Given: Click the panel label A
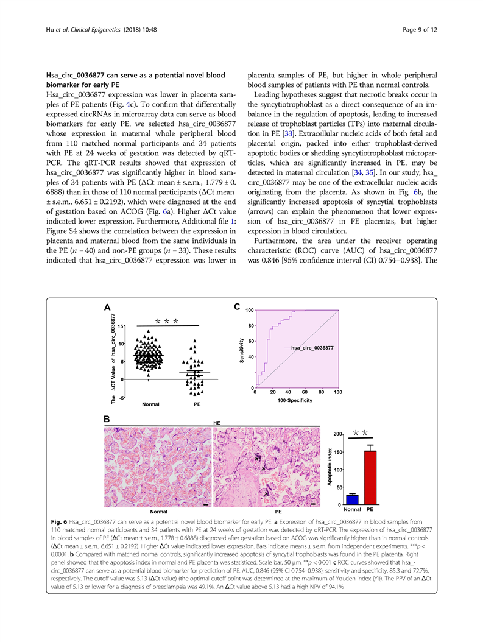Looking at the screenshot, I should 107,308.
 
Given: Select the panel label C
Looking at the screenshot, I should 237,308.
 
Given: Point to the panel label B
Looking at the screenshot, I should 107,420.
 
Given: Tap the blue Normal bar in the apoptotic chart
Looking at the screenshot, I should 352,499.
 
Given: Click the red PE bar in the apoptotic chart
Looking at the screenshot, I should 369,478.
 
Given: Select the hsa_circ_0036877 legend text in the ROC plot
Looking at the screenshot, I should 312,347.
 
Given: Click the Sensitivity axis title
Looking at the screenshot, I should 241,351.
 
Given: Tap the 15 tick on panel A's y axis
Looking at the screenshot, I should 121,327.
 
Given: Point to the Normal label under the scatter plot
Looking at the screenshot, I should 150,404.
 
